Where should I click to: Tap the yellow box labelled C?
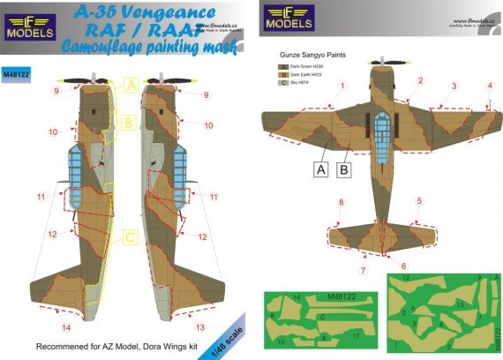point(129,236)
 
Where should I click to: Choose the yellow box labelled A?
point(129,86)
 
